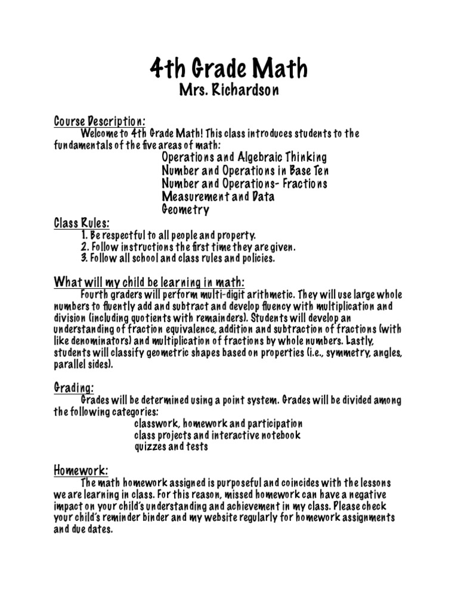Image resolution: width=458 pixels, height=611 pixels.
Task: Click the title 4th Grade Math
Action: [x=228, y=69]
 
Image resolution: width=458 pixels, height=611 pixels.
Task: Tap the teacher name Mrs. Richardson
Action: [x=228, y=91]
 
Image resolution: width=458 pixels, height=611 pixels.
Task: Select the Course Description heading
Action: [x=100, y=121]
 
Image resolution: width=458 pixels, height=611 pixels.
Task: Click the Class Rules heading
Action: [x=82, y=223]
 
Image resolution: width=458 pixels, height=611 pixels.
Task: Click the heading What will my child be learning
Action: [x=149, y=282]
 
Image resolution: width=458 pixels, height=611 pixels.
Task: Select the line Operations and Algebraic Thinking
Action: [x=244, y=158]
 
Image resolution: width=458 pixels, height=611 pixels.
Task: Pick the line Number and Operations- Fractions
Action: [x=244, y=184]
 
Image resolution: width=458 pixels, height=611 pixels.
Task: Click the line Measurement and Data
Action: [x=218, y=196]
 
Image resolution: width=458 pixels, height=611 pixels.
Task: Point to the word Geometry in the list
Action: [x=185, y=209]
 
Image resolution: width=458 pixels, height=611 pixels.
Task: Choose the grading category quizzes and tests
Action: [x=171, y=447]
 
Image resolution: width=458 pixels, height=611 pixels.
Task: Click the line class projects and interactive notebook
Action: [x=217, y=435]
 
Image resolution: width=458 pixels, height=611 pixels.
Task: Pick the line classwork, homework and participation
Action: [x=218, y=423]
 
